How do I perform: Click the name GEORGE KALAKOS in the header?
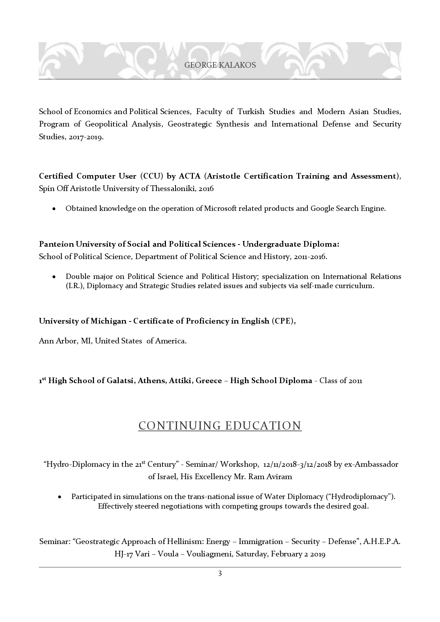pyautogui.click(x=220, y=65)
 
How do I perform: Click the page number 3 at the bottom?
pyautogui.click(x=220, y=573)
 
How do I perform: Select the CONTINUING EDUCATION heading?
pyautogui.click(x=220, y=425)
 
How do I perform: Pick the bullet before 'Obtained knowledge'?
pyautogui.click(x=54, y=209)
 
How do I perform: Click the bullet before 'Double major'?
pyautogui.click(x=54, y=277)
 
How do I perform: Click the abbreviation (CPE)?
pyautogui.click(x=283, y=321)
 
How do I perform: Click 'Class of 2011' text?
pyautogui.click(x=341, y=381)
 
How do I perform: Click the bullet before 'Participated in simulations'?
pyautogui.click(x=60, y=497)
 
